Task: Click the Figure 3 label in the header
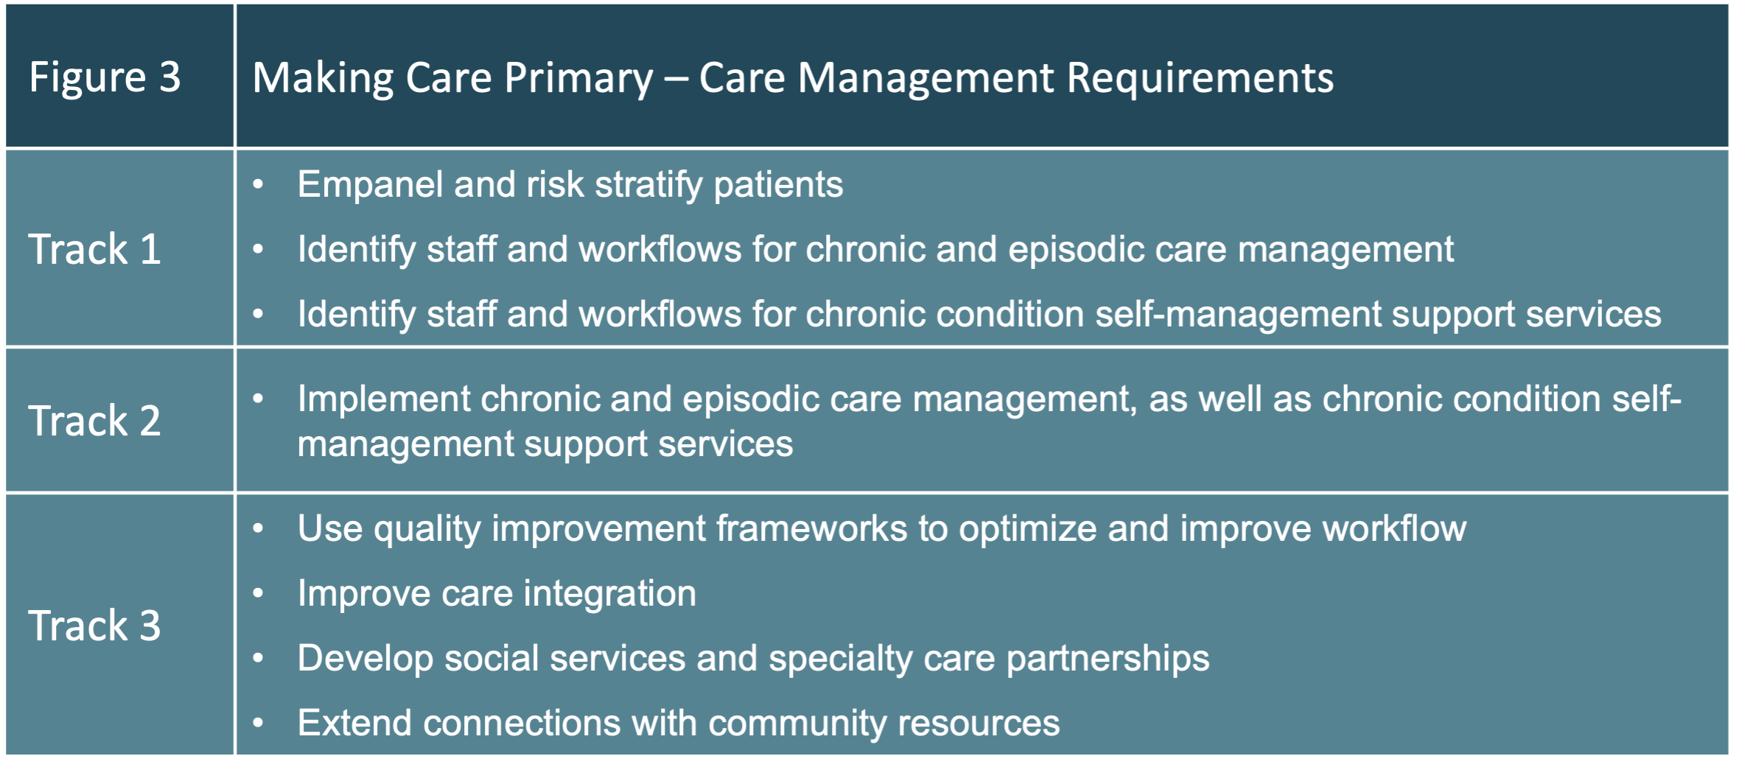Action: [x=105, y=77]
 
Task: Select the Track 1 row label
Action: [x=94, y=249]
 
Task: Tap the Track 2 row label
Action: [x=94, y=421]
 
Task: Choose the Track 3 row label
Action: [x=94, y=626]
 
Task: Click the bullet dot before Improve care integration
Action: [x=258, y=593]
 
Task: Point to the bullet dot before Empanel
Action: [x=258, y=184]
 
